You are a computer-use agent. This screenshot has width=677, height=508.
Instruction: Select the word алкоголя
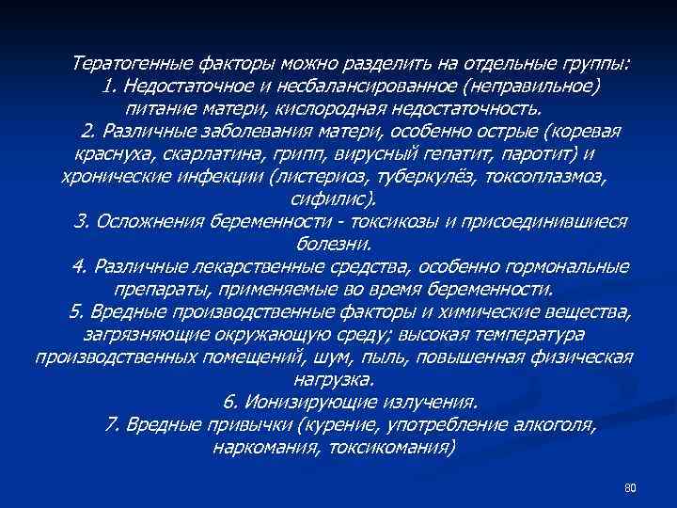pos(554,424)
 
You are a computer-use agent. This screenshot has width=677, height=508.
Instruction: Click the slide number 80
pos(630,487)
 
